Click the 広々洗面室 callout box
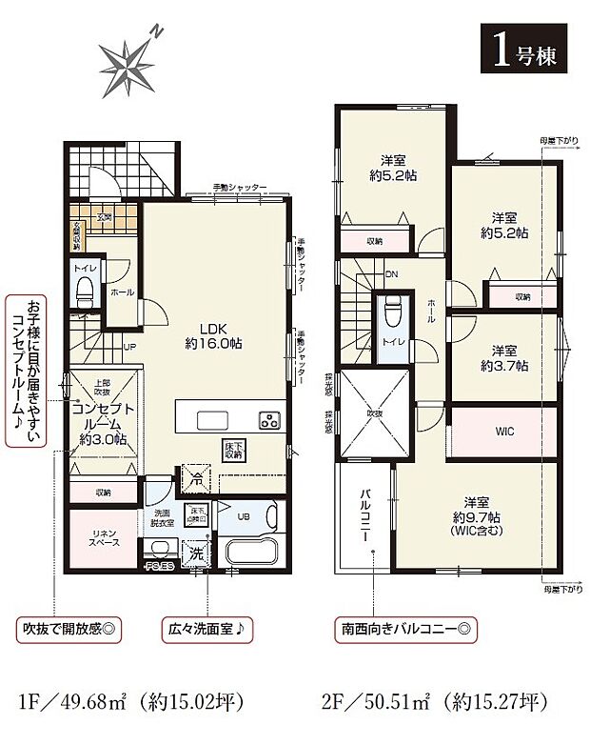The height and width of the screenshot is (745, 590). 206,630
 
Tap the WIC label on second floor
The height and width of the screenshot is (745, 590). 504,432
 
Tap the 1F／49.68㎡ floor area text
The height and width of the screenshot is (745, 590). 130,705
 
